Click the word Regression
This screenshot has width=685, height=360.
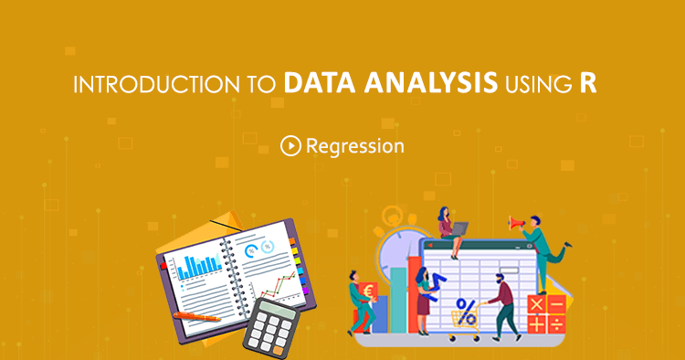click(354, 145)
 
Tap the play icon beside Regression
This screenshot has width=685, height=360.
click(290, 145)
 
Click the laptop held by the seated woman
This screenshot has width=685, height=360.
click(460, 228)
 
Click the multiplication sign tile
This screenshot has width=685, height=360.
click(536, 302)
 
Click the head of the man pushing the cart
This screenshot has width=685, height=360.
click(497, 277)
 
